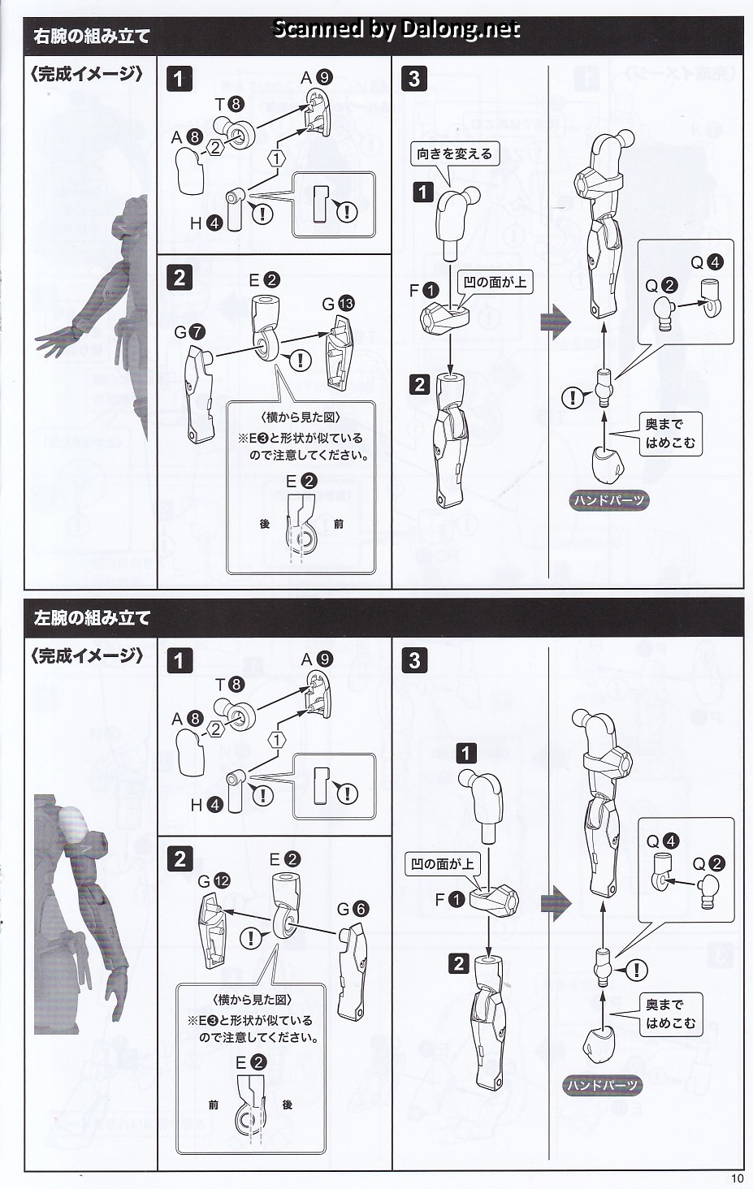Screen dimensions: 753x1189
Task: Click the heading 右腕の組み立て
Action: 91,36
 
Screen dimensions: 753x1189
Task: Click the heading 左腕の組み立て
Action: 91,618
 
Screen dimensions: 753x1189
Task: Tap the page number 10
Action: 737,1179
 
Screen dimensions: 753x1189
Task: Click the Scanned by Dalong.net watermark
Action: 396,28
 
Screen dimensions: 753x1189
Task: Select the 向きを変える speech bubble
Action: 454,154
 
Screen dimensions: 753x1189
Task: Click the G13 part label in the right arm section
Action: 338,304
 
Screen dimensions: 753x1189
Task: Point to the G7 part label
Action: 189,333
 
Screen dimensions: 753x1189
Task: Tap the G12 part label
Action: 214,881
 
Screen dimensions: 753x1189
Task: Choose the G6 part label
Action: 353,910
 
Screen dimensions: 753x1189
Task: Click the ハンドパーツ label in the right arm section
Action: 608,500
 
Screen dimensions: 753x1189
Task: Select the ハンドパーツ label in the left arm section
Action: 602,1082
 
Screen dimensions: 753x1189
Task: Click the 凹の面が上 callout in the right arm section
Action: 495,282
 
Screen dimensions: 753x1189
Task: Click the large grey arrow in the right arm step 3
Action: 556,322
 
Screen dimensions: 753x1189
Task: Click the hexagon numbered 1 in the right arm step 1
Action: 277,158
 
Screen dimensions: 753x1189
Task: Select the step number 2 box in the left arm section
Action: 180,859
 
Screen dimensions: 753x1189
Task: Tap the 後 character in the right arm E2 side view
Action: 265,524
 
